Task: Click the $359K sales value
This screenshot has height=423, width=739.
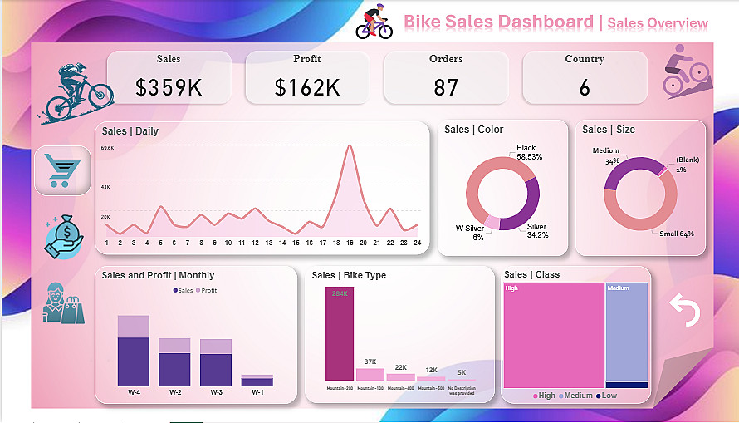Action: tap(169, 86)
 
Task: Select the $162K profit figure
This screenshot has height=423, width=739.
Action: tap(307, 86)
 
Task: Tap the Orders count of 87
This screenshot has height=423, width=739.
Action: tap(446, 86)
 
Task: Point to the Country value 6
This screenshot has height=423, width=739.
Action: tap(585, 86)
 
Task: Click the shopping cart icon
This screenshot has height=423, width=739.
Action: tap(62, 170)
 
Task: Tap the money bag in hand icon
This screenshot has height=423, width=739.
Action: tap(64, 236)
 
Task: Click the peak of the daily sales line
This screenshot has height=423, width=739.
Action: tap(350, 146)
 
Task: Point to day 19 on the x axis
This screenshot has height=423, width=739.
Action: tap(350, 243)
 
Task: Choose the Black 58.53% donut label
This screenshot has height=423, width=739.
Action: tap(529, 152)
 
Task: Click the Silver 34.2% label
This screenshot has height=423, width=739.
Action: tap(537, 230)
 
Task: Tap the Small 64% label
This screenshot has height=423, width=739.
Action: tap(677, 234)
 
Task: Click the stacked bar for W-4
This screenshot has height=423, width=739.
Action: tap(133, 351)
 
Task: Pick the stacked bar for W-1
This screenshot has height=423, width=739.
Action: tap(257, 381)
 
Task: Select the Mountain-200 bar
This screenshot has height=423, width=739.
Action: tap(339, 334)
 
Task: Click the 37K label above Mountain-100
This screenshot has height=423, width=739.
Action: tap(370, 362)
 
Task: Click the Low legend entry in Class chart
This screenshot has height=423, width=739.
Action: tap(609, 396)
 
